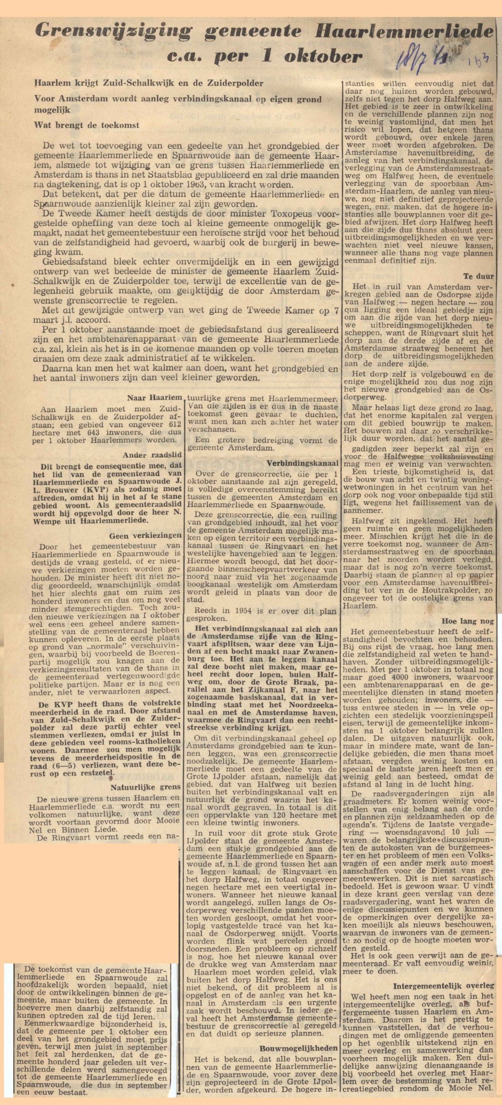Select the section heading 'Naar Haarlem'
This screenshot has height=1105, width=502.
pos(155,398)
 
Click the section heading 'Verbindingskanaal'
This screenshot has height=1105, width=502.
pos(302,463)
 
